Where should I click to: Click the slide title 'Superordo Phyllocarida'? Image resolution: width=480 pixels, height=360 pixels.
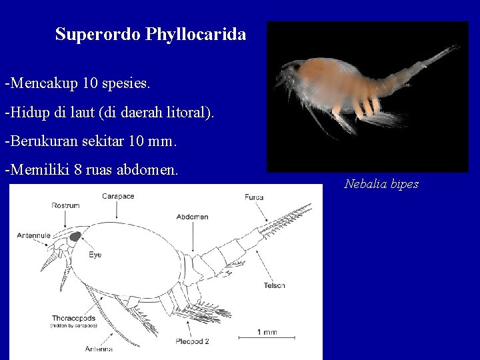click(151, 34)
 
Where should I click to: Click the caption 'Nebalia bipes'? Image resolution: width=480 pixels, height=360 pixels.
click(381, 184)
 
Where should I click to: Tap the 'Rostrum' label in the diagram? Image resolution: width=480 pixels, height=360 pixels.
click(65, 205)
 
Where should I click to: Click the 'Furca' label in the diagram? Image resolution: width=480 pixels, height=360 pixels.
click(254, 197)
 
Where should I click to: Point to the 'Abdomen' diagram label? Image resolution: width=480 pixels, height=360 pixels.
click(193, 217)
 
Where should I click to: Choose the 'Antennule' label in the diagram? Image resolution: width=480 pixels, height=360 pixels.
click(31, 234)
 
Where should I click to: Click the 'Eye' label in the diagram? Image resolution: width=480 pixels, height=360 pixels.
click(95, 254)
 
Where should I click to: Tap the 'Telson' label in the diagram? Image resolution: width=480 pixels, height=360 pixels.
click(273, 285)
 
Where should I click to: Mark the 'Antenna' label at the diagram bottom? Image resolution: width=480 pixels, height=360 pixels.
click(98, 349)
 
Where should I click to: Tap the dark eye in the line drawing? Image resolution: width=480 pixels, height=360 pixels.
click(75, 235)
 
